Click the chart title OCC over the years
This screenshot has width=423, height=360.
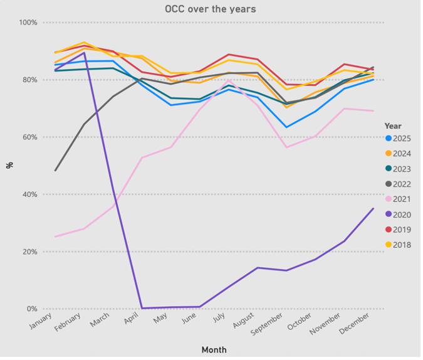[211, 9]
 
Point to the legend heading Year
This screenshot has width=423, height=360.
[393, 126]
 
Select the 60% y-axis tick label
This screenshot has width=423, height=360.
[30, 137]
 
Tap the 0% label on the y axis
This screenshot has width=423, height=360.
[32, 309]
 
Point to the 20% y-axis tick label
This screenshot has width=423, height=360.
[30, 252]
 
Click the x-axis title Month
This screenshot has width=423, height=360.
[214, 350]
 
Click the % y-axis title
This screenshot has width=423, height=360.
[9, 165]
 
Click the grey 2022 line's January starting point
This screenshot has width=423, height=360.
[55, 171]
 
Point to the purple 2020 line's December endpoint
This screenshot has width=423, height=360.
[373, 209]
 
